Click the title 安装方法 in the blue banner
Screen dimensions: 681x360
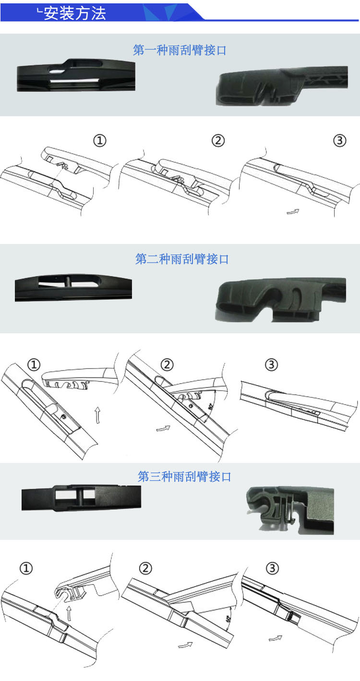click(74, 12)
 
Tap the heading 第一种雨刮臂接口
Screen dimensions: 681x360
click(180, 50)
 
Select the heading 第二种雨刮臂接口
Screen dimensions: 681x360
click(182, 259)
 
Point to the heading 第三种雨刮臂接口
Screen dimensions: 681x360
click(184, 476)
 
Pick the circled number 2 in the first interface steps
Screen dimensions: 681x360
click(218, 141)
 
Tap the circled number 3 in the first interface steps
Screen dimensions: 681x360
click(339, 141)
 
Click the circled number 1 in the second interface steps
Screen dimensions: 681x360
click(33, 365)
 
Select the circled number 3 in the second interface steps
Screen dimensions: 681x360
click(271, 365)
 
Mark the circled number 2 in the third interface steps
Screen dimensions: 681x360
click(145, 569)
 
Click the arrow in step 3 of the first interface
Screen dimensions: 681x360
click(293, 211)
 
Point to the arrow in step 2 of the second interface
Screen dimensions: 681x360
click(164, 427)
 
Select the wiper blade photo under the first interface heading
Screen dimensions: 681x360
click(76, 75)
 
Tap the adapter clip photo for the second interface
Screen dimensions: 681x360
click(280, 299)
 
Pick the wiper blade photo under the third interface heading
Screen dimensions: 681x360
click(82, 498)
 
